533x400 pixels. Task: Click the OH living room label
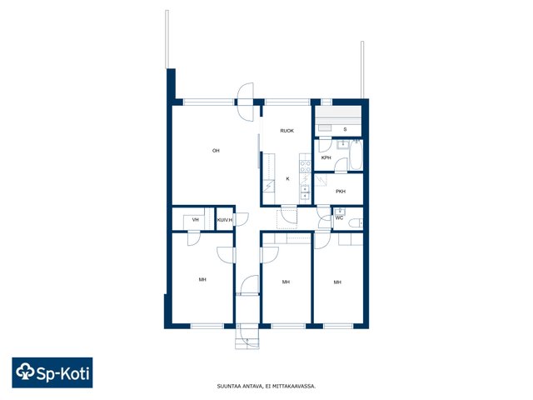[216, 151]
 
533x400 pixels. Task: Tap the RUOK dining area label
[286, 131]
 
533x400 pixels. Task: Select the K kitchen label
[287, 179]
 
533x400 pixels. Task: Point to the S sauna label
[345, 129]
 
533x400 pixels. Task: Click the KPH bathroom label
[326, 157]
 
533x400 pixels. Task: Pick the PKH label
[341, 192]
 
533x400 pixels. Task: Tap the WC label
[339, 218]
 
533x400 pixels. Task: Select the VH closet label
[195, 220]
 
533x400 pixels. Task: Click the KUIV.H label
[225, 220]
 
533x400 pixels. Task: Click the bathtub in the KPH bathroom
[356, 155]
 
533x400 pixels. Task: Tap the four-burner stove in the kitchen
[306, 167]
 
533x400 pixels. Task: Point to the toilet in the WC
[356, 223]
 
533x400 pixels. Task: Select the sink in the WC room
[339, 212]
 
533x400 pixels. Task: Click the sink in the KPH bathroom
[342, 145]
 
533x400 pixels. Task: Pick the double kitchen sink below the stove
[306, 192]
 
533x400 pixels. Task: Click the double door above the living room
[246, 102]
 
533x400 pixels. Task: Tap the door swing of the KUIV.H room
[242, 219]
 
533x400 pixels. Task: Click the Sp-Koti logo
[52, 372]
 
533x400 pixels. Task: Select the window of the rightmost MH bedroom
[338, 326]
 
